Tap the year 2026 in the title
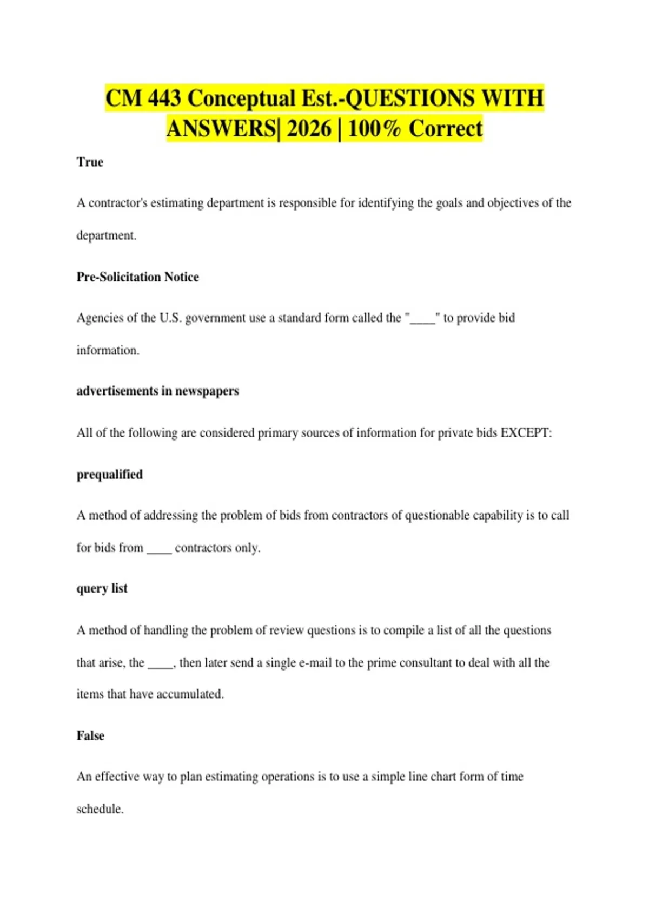coord(309,129)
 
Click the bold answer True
coord(90,162)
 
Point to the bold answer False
coord(90,735)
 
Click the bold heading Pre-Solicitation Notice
coord(137,277)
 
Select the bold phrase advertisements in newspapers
coord(157,391)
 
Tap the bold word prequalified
coord(110,475)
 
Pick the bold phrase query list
coord(102,588)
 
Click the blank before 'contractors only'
coord(159,549)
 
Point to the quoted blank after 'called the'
coord(422,319)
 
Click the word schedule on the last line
coord(100,809)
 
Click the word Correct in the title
coord(446,129)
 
